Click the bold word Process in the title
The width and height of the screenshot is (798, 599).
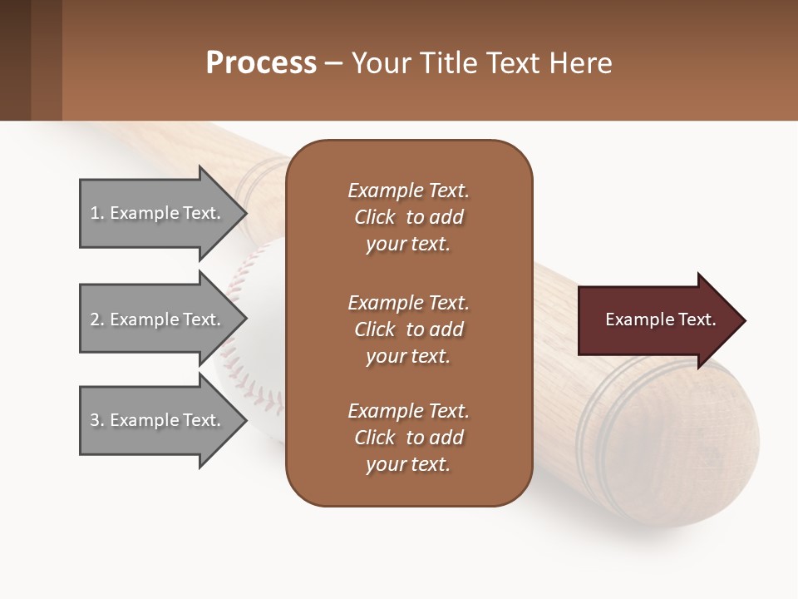click(x=261, y=63)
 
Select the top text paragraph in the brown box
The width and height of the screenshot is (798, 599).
click(x=408, y=217)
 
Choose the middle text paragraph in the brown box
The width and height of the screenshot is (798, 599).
click(x=408, y=329)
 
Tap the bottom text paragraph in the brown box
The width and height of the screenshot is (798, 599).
click(x=408, y=438)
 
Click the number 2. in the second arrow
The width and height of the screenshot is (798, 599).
click(x=97, y=319)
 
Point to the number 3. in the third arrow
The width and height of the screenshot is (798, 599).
click(x=97, y=420)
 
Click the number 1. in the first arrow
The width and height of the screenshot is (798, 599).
click(x=96, y=213)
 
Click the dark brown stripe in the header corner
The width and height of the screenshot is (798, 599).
click(x=15, y=60)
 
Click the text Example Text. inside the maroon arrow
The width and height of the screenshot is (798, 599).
click(x=660, y=319)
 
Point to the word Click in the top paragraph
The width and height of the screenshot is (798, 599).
click(x=375, y=217)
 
